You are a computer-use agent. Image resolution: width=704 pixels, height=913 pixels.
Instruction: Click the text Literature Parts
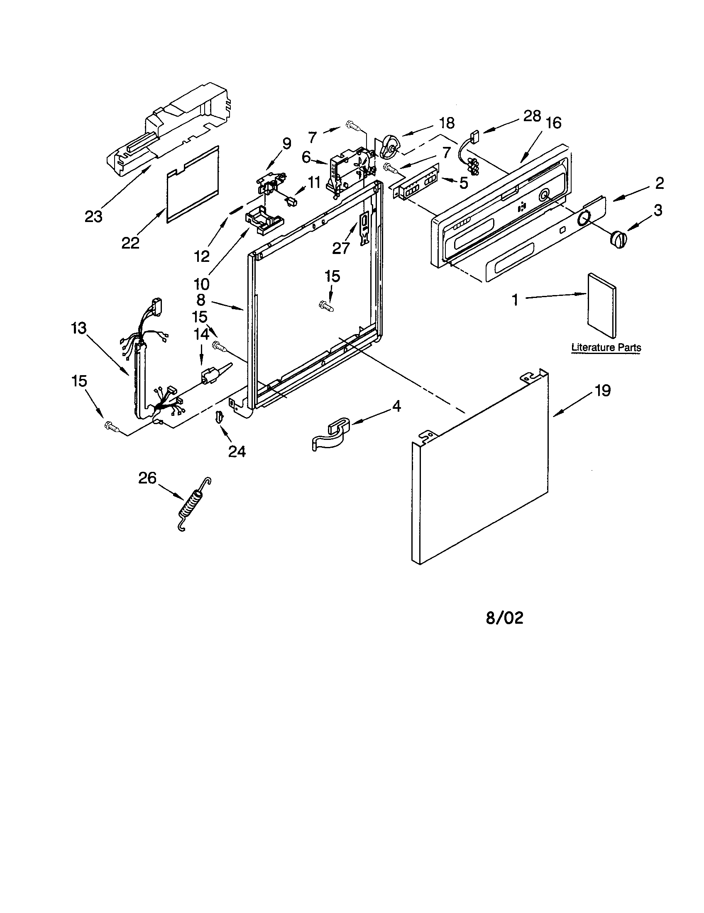606,347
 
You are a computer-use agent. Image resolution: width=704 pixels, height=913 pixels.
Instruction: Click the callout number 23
93,217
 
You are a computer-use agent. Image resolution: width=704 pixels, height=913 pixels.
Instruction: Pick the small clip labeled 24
219,416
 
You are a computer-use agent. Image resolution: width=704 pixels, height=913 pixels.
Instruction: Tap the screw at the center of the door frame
327,306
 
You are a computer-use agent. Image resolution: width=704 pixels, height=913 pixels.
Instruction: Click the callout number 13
78,328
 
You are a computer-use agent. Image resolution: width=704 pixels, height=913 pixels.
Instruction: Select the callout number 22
130,243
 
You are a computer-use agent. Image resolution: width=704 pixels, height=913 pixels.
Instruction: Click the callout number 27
341,248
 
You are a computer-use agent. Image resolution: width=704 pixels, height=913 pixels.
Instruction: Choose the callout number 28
532,116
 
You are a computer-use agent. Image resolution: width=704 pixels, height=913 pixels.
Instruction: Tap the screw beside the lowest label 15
111,426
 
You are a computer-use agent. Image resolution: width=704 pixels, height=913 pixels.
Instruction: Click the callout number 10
201,284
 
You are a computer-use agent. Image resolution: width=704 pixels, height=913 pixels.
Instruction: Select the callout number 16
553,123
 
